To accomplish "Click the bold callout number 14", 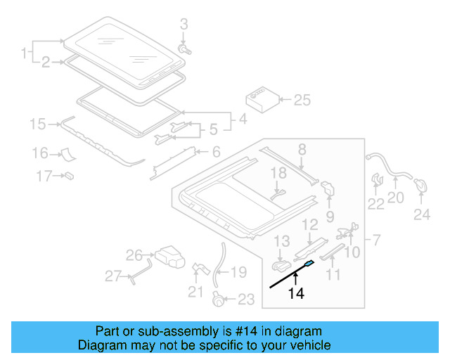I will (296, 295).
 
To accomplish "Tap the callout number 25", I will (301, 101).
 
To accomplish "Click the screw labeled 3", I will (186, 50).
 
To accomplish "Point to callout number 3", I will (184, 24).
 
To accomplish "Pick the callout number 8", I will (302, 148).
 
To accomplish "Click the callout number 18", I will (278, 172).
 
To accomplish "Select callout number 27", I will (113, 276).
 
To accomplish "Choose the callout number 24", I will (421, 214).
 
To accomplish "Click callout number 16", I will (39, 153).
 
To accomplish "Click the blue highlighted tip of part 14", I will (309, 263).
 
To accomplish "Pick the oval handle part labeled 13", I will (281, 266).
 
